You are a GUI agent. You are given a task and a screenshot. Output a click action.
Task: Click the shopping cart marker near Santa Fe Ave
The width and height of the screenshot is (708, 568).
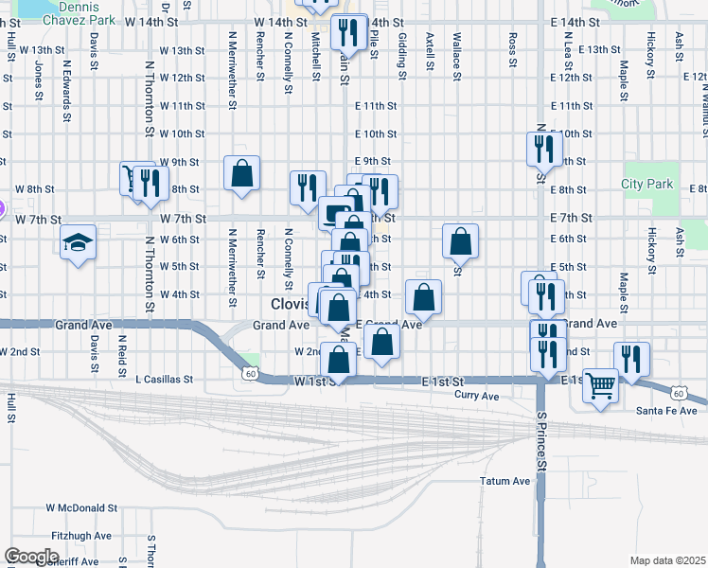pos(600,385)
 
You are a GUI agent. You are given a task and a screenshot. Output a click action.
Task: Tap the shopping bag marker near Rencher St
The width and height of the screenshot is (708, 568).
pos(242,172)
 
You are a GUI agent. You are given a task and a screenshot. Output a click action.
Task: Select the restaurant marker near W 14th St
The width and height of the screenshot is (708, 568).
pos(349,33)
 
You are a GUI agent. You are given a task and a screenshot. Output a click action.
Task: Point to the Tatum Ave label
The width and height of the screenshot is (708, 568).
pos(504,481)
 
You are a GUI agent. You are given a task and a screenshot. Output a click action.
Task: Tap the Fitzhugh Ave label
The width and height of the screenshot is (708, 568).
pos(82,536)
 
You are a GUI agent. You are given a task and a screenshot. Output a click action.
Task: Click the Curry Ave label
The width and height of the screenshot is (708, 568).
pos(476,395)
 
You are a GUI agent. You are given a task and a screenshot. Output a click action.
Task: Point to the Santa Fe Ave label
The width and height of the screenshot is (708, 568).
pos(666,410)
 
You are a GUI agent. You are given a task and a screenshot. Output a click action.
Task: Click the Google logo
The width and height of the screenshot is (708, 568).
pos(31,557)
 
